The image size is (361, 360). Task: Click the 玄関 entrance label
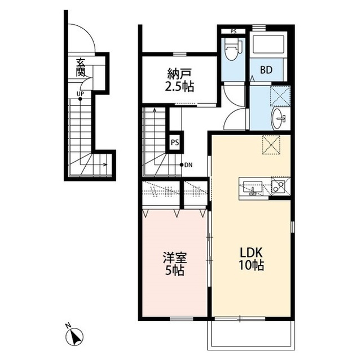81,68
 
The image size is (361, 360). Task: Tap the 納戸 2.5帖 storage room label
180,80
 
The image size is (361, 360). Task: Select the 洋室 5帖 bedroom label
175,264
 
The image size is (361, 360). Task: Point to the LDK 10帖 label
251,259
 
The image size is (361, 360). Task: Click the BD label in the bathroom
266,70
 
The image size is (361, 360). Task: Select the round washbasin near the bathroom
278,119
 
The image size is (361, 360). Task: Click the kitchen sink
253,188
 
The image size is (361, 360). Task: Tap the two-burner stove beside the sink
279,186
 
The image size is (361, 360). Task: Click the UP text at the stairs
80,94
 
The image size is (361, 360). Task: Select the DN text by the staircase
188,165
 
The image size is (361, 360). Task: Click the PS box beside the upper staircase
175,143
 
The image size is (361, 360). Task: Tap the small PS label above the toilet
234,32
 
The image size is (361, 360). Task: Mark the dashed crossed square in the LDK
271,145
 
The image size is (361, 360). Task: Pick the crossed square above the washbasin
280,96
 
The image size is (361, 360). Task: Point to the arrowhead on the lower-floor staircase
105,165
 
